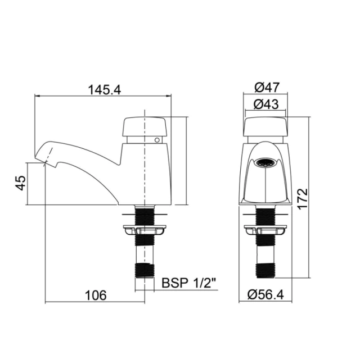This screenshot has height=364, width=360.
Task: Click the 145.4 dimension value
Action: point(105,89)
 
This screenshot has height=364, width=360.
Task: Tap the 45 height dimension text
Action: point(21,183)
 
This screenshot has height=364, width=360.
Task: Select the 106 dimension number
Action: point(96,295)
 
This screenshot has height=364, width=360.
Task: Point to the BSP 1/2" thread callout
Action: point(188,283)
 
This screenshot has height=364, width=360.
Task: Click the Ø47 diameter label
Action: point(266,87)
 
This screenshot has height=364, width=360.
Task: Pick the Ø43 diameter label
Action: point(266,104)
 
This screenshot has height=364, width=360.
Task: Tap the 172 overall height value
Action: point(303,199)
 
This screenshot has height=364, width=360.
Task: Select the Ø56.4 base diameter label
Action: point(265,294)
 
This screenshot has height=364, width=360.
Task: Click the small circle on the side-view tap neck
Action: point(157,140)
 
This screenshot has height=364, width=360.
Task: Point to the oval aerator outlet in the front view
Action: point(265,162)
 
